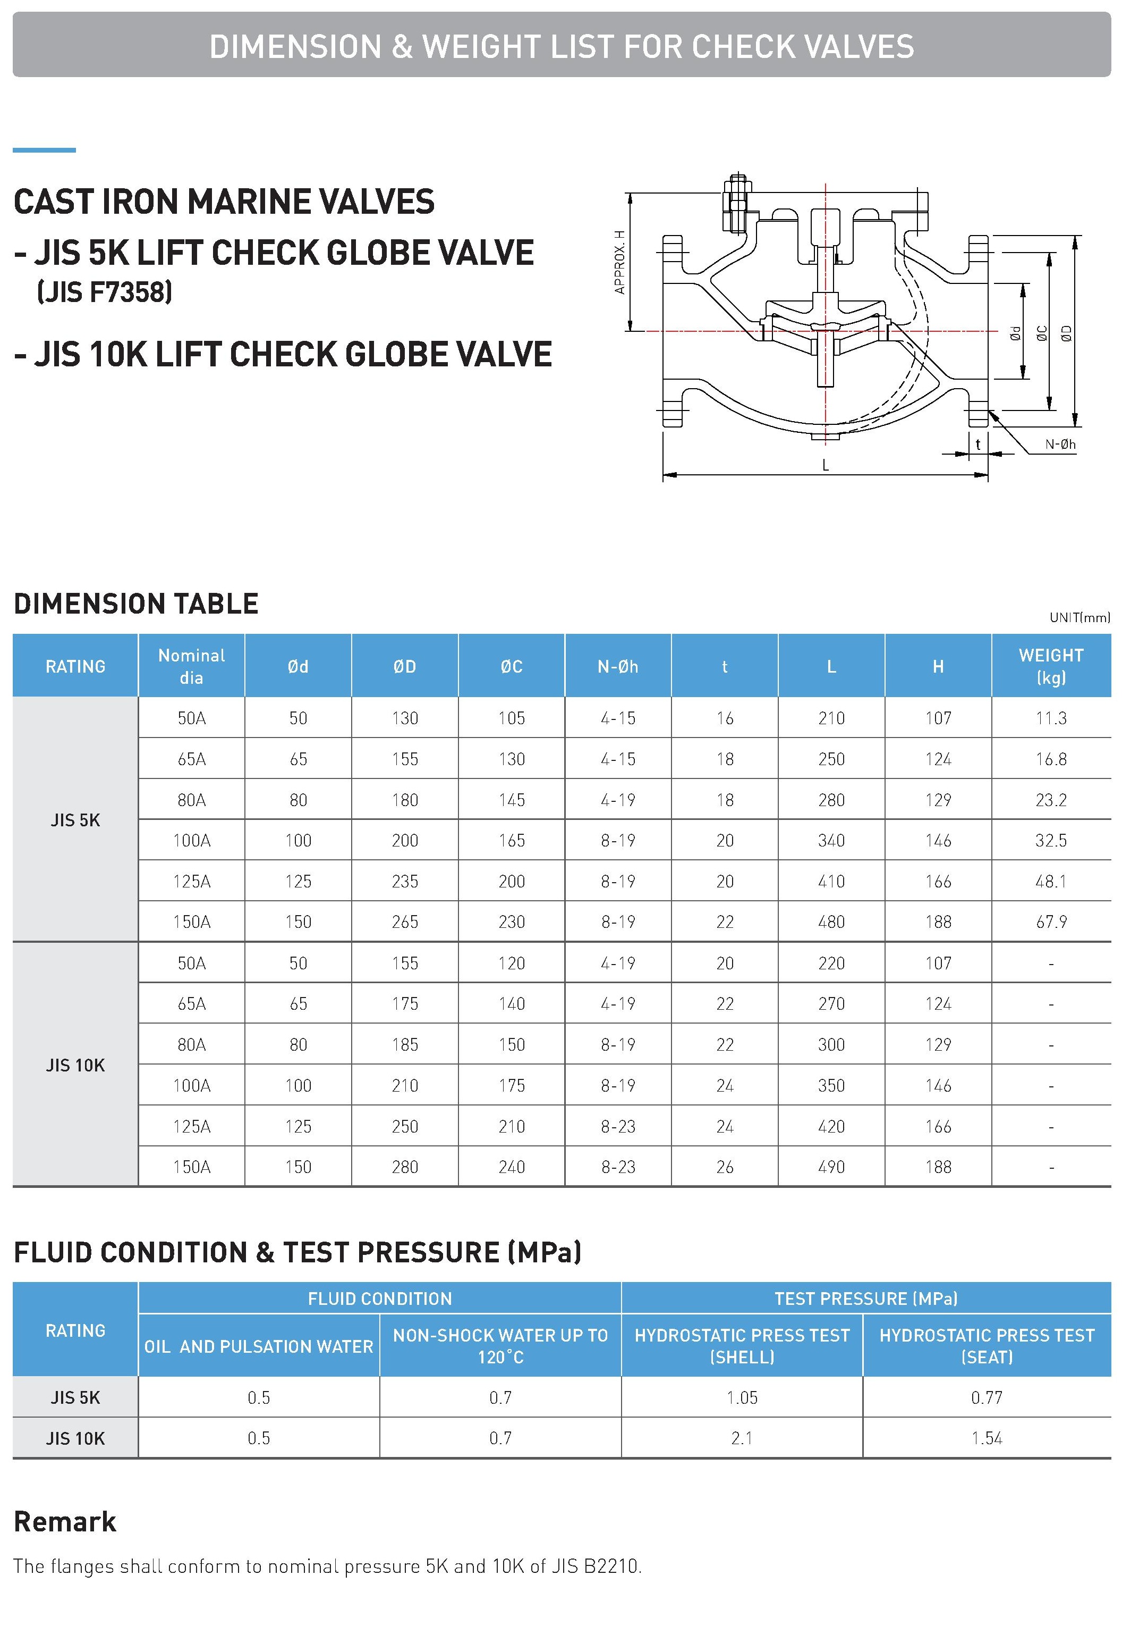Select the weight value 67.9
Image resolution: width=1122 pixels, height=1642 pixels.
point(1051,921)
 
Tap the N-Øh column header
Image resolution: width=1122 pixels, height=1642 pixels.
point(617,666)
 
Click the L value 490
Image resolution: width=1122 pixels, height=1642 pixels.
point(831,1167)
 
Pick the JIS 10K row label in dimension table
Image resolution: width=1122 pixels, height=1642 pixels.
point(75,1065)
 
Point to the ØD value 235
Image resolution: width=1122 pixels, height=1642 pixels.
point(405,881)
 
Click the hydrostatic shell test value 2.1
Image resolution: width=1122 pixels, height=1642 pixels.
point(742,1438)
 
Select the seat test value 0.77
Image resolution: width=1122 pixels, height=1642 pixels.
point(987,1397)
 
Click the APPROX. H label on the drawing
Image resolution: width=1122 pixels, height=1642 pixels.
point(620,262)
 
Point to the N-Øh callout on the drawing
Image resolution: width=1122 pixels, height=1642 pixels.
point(1060,445)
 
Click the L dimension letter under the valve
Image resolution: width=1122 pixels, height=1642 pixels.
point(824,466)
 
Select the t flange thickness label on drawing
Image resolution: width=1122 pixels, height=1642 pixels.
point(978,445)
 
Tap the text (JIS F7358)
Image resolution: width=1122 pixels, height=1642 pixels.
point(105,292)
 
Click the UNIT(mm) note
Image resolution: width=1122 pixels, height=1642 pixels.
point(1079,617)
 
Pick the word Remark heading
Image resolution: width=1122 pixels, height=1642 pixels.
point(65,1522)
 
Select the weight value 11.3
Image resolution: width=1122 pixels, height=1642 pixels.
point(1051,718)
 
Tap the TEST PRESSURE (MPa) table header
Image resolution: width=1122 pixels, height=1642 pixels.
point(866,1298)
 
